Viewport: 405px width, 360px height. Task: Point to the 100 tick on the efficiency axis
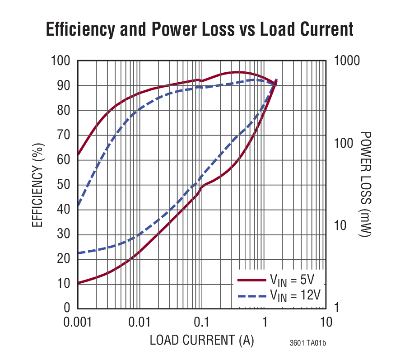61,61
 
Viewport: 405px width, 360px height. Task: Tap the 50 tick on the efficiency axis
65,185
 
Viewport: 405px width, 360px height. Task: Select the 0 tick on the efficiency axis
68,308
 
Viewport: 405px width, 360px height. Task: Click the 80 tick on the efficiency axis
65,111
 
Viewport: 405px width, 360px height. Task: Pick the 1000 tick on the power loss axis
347,61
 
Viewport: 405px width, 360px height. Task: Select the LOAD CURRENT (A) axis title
202,340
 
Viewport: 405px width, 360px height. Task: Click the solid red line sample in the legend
251,280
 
